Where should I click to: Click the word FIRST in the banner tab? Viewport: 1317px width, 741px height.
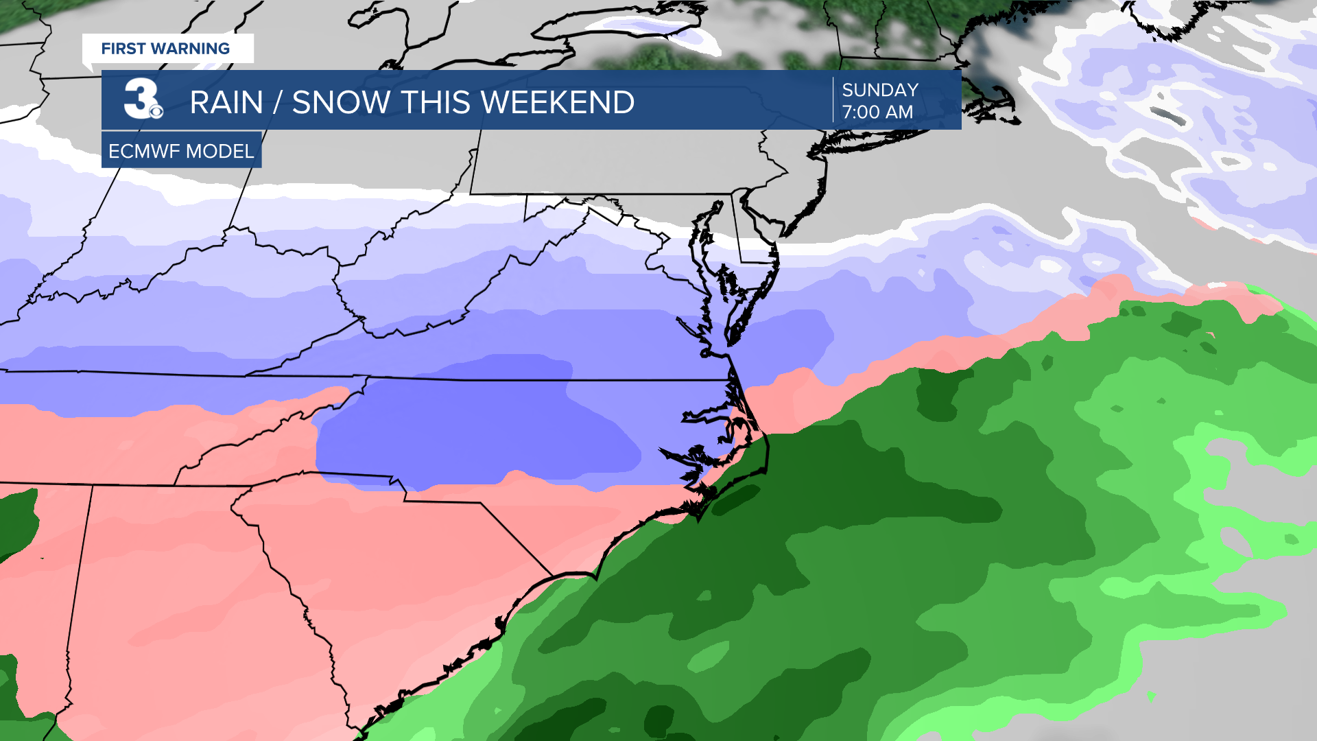[123, 49]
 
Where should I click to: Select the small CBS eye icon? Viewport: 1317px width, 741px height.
[156, 110]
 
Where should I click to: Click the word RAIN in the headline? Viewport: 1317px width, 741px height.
[226, 103]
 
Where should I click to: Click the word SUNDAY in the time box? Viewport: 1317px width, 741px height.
[880, 90]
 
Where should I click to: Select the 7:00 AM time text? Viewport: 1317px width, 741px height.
[877, 112]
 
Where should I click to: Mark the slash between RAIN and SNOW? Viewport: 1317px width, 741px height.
[278, 103]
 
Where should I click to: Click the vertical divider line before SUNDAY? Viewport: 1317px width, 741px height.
[833, 100]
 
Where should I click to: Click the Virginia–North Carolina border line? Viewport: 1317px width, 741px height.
[480, 379]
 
